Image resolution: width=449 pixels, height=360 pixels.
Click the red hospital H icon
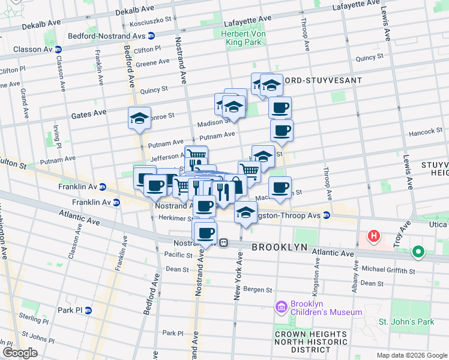[375, 236]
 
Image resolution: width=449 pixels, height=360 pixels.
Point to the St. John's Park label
[406, 322]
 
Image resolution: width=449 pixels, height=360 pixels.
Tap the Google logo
[19, 353]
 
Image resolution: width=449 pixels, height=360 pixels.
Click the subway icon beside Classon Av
[58, 49]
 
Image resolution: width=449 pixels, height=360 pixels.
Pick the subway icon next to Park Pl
[88, 310]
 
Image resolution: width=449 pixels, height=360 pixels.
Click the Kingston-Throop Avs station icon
[326, 215]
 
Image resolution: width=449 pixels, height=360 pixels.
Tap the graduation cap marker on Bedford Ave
[139, 118]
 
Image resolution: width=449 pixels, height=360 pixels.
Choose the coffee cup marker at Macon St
[280, 188]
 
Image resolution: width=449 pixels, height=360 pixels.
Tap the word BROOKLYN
[280, 247]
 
